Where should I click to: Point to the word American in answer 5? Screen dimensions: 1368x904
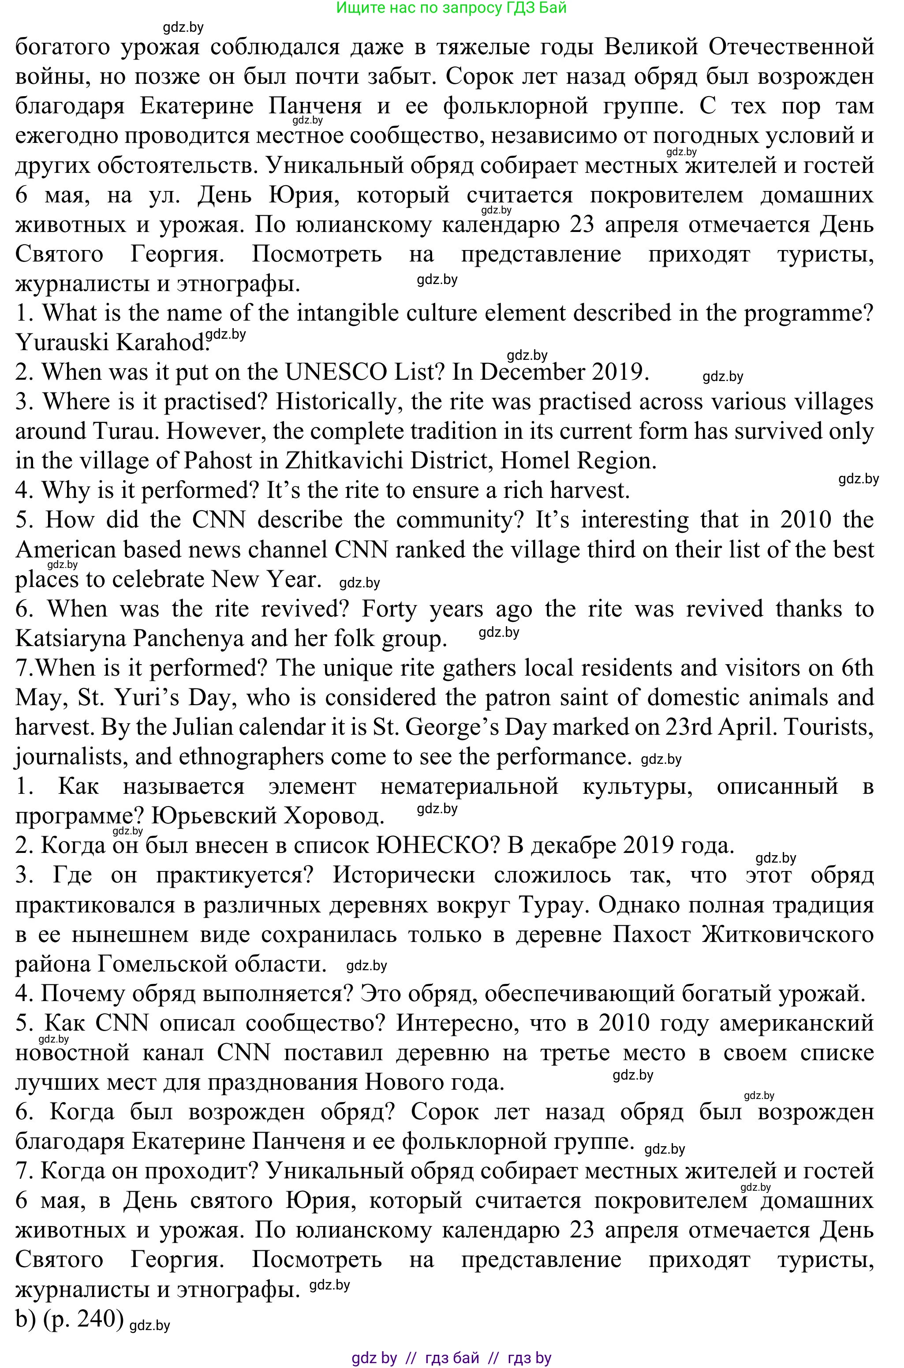(x=64, y=550)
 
